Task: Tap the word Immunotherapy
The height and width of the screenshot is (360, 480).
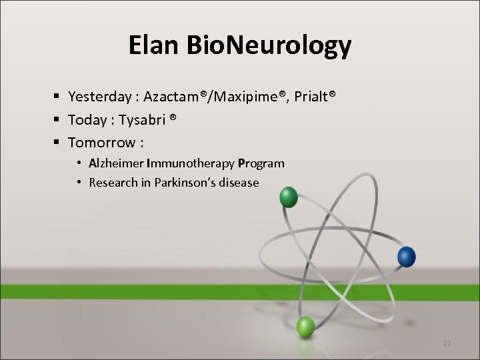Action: coord(189,163)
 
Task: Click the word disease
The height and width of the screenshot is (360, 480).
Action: coord(238,182)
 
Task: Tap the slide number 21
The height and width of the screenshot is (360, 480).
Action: coord(447,343)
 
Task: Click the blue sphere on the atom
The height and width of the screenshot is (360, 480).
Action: coord(406,256)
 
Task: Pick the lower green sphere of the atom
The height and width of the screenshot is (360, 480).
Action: coord(305,327)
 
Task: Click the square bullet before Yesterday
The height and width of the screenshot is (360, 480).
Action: coord(57,98)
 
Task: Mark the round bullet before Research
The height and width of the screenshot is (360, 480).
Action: coord(79,182)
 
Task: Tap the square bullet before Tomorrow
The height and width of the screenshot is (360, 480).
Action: coord(57,143)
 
